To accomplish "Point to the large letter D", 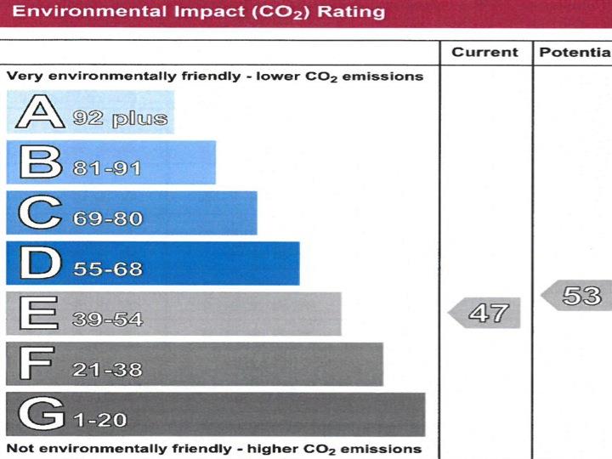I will pos(39,263).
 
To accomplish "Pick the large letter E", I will pos(39,313).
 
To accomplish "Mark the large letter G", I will pos(41,414).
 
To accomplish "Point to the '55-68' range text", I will pos(107,269).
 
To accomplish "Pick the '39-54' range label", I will pos(107,320).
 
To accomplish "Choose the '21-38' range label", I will pos(107,371).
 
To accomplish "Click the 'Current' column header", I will pos(484,53).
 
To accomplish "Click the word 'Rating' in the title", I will pos(350,13).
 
